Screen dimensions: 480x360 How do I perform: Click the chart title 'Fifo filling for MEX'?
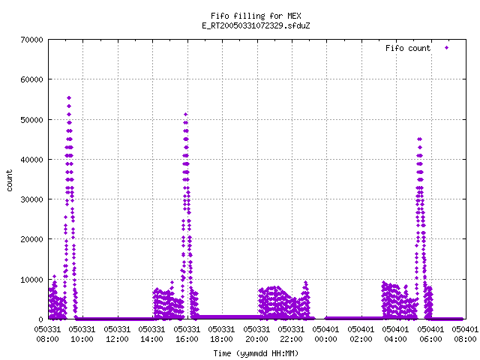(x=256, y=16)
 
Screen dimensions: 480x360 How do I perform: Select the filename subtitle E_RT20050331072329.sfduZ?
(x=256, y=25)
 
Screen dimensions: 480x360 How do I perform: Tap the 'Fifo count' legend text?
(x=408, y=48)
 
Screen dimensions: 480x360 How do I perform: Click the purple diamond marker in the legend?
(x=447, y=48)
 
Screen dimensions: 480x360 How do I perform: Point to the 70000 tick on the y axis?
(x=31, y=40)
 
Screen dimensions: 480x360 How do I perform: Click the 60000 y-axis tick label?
(x=31, y=79)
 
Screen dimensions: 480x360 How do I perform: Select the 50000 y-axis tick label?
(x=31, y=120)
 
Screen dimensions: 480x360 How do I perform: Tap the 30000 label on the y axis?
(x=31, y=199)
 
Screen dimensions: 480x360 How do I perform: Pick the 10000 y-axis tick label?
(x=31, y=280)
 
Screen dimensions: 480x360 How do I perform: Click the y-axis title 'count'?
(x=9, y=181)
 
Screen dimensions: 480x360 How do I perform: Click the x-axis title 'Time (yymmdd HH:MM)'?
(x=256, y=353)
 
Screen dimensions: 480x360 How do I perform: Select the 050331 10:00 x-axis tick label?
(x=82, y=334)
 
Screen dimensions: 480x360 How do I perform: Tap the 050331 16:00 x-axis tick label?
(x=187, y=334)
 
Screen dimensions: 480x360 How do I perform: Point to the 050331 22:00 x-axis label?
(x=291, y=334)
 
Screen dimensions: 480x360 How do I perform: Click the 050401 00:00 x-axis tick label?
(x=325, y=334)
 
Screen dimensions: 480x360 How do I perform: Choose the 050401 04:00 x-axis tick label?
(x=395, y=334)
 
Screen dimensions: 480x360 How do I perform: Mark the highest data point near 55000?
(x=69, y=98)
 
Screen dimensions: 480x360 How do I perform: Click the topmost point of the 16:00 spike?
(x=185, y=115)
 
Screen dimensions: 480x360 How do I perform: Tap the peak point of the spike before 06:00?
(x=420, y=139)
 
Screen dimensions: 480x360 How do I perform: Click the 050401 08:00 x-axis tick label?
(x=465, y=334)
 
